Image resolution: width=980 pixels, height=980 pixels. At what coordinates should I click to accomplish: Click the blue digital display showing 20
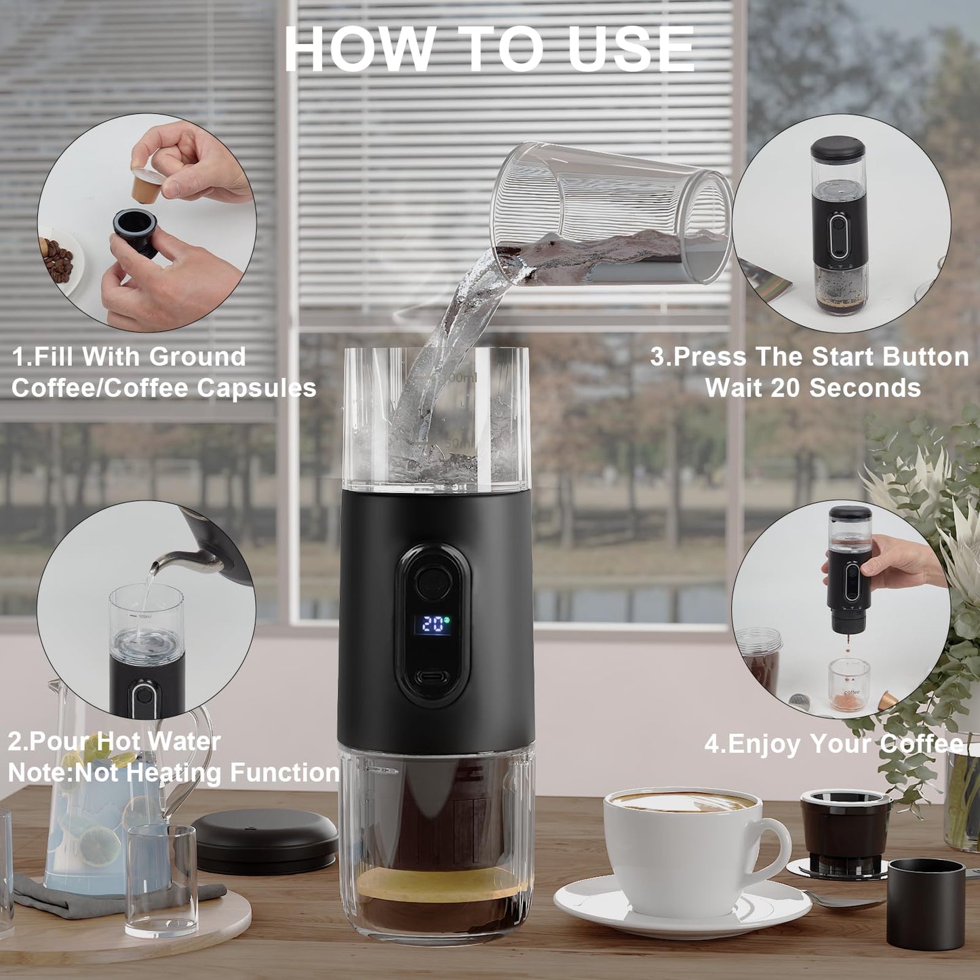(432, 624)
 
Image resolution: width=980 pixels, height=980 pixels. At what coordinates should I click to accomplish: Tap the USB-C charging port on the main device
(432, 677)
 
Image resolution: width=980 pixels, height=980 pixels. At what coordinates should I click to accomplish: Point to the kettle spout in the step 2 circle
(160, 562)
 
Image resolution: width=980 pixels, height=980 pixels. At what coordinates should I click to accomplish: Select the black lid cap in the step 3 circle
(838, 149)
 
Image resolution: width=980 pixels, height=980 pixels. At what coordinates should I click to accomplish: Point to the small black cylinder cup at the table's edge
(926, 902)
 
